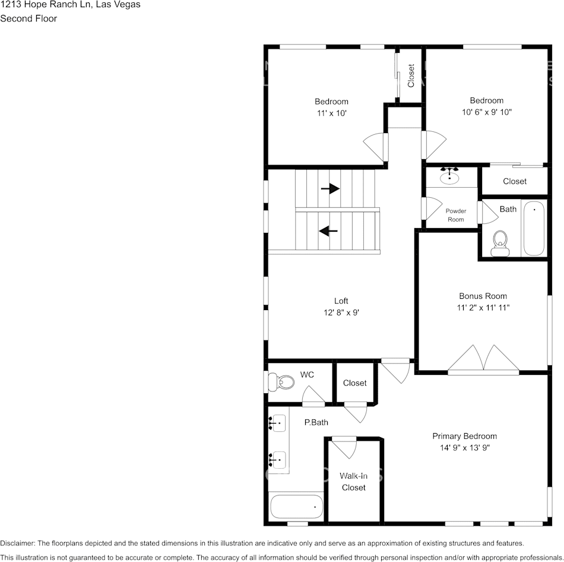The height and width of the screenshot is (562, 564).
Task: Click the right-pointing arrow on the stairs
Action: click(x=330, y=189)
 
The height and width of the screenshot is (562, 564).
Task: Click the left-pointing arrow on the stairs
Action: click(x=328, y=231)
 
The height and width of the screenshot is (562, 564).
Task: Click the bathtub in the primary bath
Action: click(x=296, y=507)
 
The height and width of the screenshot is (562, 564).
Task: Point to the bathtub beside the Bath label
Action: click(x=534, y=228)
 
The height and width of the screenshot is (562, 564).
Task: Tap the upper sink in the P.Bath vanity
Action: click(x=278, y=424)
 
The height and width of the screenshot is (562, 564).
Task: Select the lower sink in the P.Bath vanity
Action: click(x=278, y=459)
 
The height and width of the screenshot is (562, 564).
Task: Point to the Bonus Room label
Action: click(x=483, y=296)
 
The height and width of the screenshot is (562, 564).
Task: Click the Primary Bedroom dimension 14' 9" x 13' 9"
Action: click(x=464, y=448)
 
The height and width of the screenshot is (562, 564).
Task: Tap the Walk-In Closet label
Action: click(x=353, y=481)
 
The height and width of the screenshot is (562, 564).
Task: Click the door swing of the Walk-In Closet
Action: click(x=344, y=447)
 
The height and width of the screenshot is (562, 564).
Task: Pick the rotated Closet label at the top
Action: click(x=411, y=75)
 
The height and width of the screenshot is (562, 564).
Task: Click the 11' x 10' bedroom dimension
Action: click(x=331, y=112)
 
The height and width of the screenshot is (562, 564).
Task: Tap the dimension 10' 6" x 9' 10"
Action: click(x=486, y=112)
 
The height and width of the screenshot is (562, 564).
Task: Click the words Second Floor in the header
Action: click(x=28, y=18)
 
